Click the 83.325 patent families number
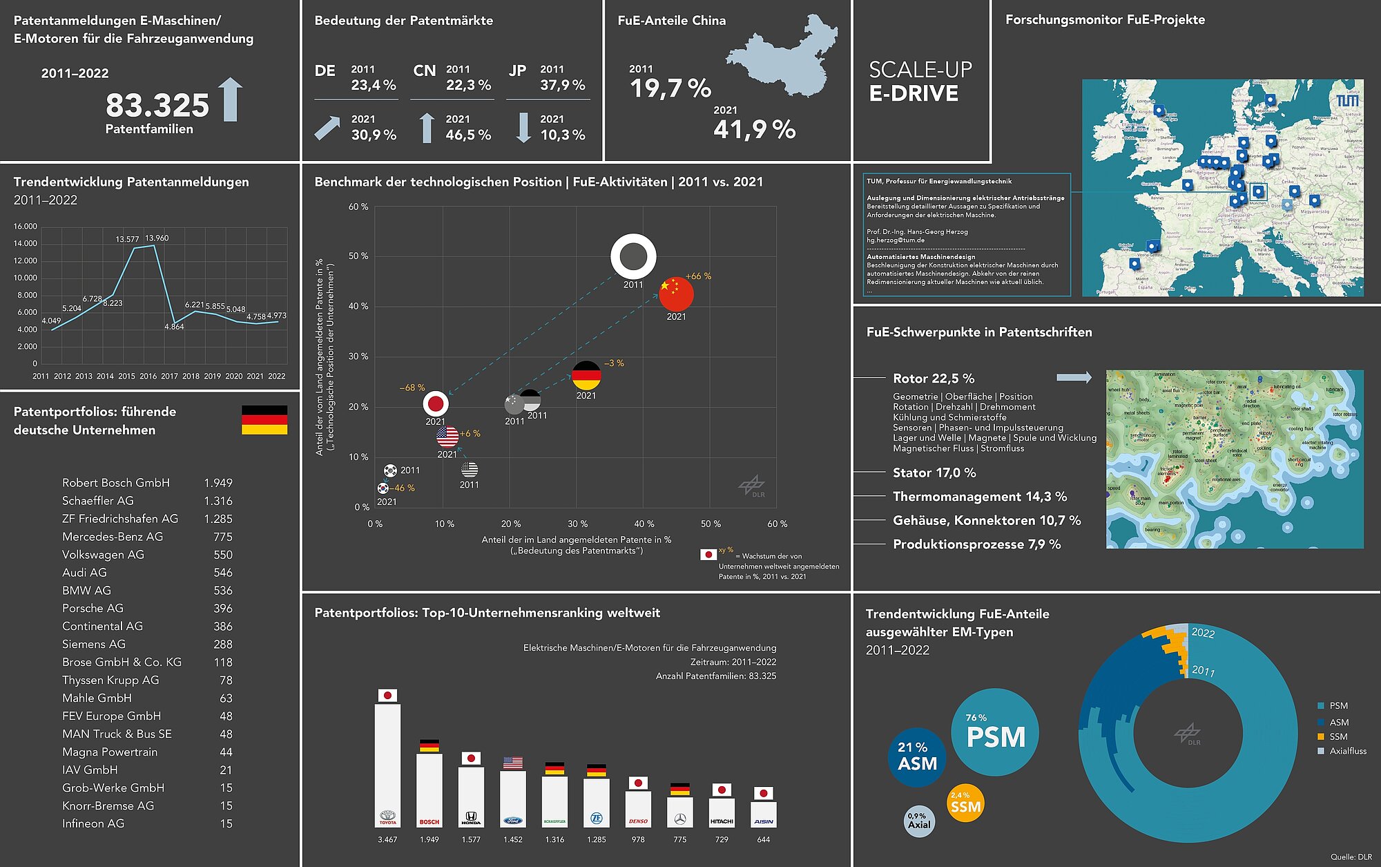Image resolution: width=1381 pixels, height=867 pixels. coord(157,106)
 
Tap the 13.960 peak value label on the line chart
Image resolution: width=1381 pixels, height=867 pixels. coord(157,238)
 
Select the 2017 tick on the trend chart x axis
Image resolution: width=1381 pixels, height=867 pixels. coord(169,377)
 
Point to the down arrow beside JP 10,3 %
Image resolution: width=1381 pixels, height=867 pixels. coord(524,128)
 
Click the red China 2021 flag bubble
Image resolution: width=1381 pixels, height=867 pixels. coord(676,294)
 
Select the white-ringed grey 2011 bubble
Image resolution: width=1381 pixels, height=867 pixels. coord(633,256)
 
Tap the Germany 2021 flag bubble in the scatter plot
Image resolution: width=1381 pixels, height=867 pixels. coord(586,376)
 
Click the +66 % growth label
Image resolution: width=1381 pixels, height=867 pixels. coord(698,276)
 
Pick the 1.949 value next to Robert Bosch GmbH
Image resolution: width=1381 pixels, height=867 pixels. coord(218,483)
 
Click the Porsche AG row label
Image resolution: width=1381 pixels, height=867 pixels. coord(93,609)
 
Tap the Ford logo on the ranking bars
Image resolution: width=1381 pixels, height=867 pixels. coord(513,821)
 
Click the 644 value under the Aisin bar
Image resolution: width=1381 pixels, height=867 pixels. coord(763,840)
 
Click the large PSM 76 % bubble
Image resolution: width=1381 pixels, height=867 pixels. coord(995,732)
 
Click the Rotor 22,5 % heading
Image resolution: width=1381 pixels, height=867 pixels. coord(934,379)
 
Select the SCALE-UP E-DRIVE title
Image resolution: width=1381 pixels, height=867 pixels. coord(920,82)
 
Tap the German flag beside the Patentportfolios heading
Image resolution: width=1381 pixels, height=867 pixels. coord(264,420)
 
